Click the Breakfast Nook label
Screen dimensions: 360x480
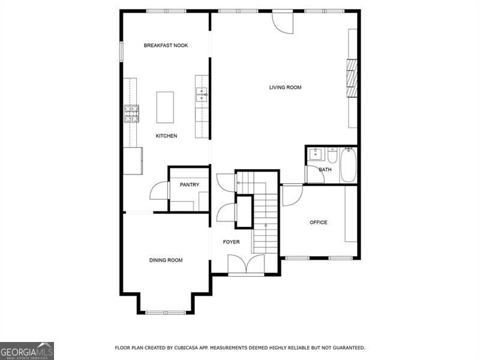point(166,46)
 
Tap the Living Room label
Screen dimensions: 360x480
point(285,88)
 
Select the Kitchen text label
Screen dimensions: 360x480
point(166,136)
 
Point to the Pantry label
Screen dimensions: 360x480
point(190,185)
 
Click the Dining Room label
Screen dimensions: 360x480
point(166,260)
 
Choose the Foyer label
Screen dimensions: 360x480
point(231,242)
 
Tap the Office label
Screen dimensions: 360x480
point(318,223)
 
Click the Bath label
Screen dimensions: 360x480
point(325,170)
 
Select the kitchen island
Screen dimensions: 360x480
point(165,107)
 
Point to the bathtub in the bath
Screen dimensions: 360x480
point(349,165)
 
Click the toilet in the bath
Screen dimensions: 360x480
point(332,155)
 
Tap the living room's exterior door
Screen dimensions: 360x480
point(282,21)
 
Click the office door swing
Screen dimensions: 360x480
point(291,195)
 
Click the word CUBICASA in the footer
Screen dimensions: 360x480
point(196,348)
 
